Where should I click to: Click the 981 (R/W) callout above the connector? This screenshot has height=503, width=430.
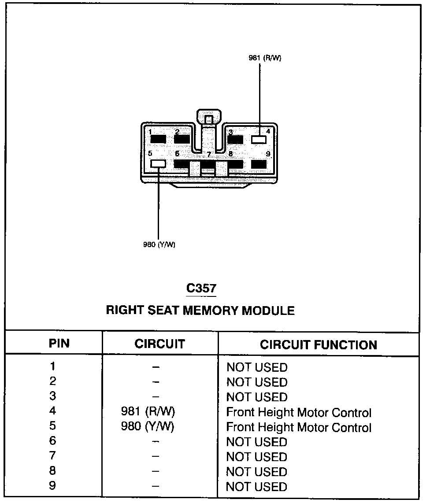(264, 59)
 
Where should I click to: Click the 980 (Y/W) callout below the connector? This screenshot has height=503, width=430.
(159, 245)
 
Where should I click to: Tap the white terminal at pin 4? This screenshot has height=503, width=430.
(259, 139)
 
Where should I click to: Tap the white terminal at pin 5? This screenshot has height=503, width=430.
(158, 164)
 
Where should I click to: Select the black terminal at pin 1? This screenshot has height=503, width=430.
(158, 139)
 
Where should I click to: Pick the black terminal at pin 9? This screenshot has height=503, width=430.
(259, 164)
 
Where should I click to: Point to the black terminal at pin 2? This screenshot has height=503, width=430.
(182, 139)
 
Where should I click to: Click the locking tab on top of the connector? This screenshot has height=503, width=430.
(208, 118)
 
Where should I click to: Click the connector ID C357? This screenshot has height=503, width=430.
(201, 288)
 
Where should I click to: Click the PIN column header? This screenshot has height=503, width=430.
(59, 344)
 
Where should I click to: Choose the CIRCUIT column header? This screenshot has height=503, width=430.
(159, 344)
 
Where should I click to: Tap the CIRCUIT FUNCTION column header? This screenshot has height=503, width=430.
(318, 344)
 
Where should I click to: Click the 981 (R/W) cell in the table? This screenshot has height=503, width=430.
(148, 412)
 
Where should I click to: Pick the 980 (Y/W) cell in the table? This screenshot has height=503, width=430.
(148, 427)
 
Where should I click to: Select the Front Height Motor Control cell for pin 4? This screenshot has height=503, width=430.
(299, 413)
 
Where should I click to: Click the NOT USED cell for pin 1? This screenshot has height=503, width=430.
(256, 367)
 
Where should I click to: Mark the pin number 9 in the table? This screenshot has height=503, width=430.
(53, 485)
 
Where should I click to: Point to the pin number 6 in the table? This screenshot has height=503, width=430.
(53, 441)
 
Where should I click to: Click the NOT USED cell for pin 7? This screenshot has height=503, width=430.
(256, 457)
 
